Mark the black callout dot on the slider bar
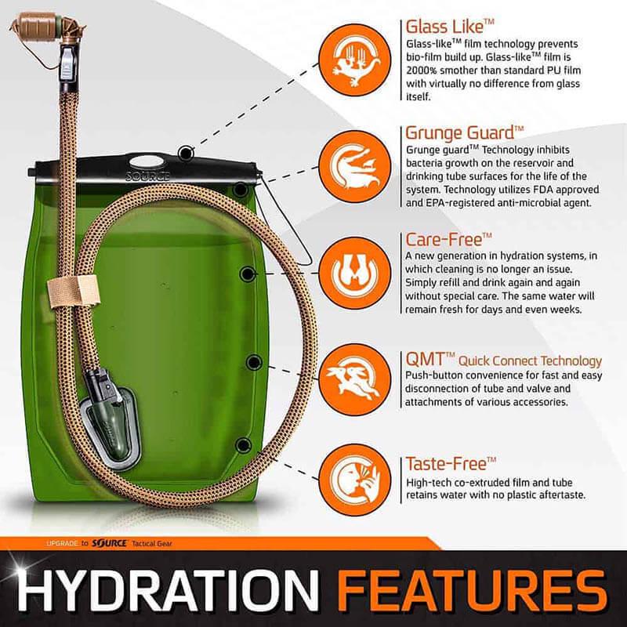point(186,152)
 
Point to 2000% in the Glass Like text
point(422,69)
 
